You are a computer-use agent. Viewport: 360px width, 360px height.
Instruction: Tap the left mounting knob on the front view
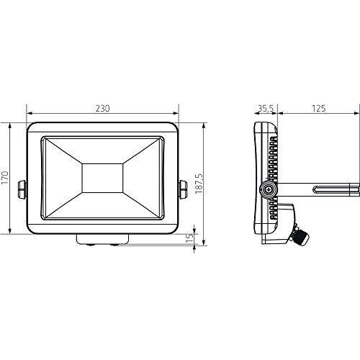[x=22, y=189]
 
